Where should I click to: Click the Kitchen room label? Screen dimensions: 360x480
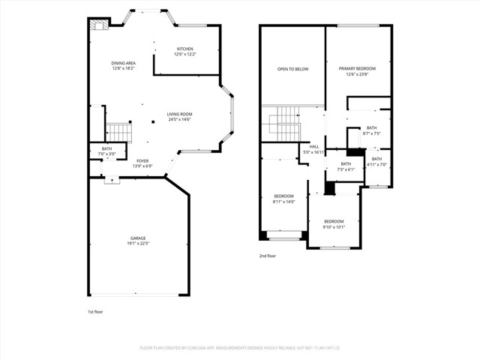point(184,51)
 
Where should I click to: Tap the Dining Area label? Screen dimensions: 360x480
point(123,65)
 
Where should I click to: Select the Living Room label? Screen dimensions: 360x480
point(179,116)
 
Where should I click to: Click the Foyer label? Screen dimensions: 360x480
point(142,163)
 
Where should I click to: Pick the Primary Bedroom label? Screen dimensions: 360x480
point(356,70)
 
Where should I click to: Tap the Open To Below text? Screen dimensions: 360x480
point(292,69)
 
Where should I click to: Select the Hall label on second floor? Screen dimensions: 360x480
point(313,149)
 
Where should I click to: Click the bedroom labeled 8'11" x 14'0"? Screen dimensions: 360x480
point(283,199)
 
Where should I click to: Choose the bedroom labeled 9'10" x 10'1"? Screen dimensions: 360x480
point(334,223)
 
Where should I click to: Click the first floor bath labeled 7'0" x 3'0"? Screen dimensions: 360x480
point(106,151)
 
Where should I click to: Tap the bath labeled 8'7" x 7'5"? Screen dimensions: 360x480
point(371,130)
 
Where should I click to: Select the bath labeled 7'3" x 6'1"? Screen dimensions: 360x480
point(346,166)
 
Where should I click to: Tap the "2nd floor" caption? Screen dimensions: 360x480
point(268,256)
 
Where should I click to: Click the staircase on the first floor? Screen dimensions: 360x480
point(118,133)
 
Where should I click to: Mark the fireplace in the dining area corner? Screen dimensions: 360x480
point(97,24)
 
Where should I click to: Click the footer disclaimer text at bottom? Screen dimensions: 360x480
point(240,348)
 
